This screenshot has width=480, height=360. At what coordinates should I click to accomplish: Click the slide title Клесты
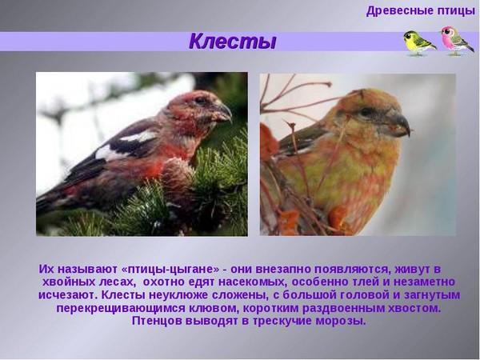232,42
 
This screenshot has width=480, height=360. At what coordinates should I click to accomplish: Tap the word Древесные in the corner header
395,11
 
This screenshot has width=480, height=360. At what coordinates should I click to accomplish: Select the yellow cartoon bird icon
418,43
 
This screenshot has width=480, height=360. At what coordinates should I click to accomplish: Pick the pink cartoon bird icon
457,41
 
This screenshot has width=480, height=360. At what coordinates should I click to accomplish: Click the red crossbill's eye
201,100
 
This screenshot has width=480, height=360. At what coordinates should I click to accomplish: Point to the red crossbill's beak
223,112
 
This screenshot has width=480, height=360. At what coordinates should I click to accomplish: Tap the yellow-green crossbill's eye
366,111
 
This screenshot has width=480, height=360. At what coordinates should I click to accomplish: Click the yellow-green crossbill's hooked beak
398,124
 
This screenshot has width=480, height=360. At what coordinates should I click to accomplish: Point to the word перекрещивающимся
121,308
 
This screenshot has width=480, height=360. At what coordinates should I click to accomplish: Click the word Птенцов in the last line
157,321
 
